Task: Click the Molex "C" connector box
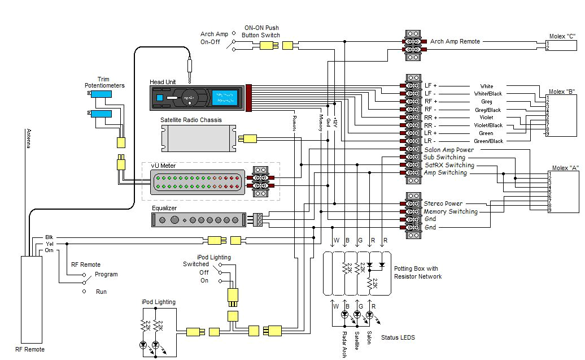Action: coord(562,45)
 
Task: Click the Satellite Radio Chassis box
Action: coord(198,138)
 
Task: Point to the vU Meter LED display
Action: coord(197,182)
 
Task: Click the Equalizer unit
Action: coord(197,220)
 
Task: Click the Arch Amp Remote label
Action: coord(455,41)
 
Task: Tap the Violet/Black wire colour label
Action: coord(487,125)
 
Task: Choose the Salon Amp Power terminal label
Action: coord(449,150)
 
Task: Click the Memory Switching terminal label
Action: coord(451,211)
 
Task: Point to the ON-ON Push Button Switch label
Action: coord(261,31)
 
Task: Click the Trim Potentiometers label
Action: coord(104,83)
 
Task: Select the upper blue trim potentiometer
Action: coord(101,94)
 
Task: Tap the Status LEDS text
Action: coord(398,338)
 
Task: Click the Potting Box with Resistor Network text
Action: coord(418,272)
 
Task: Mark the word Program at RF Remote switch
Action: coord(106,275)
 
